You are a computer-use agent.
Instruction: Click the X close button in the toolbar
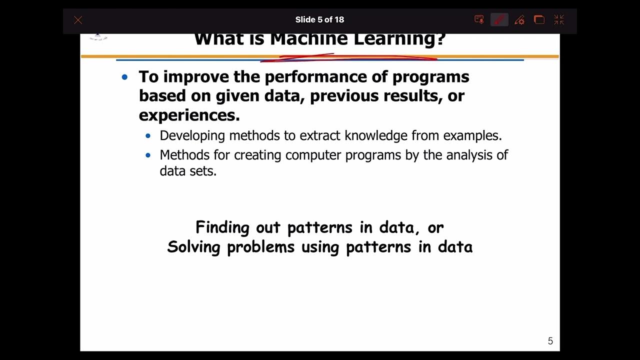tap(78, 20)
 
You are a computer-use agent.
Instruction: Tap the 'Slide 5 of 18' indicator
tap(319, 20)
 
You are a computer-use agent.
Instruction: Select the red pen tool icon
tap(499, 20)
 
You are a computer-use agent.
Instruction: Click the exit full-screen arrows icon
tap(559, 20)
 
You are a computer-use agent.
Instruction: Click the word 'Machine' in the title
tap(309, 39)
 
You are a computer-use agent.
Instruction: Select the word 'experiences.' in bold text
tap(189, 115)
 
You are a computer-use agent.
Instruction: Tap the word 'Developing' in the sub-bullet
tap(192, 136)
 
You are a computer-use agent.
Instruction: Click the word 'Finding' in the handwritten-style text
tap(222, 227)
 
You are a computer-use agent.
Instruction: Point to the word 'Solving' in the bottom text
tap(194, 247)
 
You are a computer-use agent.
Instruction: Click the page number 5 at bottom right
tap(550, 341)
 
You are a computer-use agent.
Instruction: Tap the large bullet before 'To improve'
tap(125, 77)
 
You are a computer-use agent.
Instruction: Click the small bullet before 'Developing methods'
tap(148, 136)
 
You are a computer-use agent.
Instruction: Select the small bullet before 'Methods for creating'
tap(148, 155)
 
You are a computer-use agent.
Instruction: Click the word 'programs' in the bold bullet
tap(430, 77)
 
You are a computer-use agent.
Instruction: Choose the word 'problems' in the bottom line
tap(260, 247)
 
